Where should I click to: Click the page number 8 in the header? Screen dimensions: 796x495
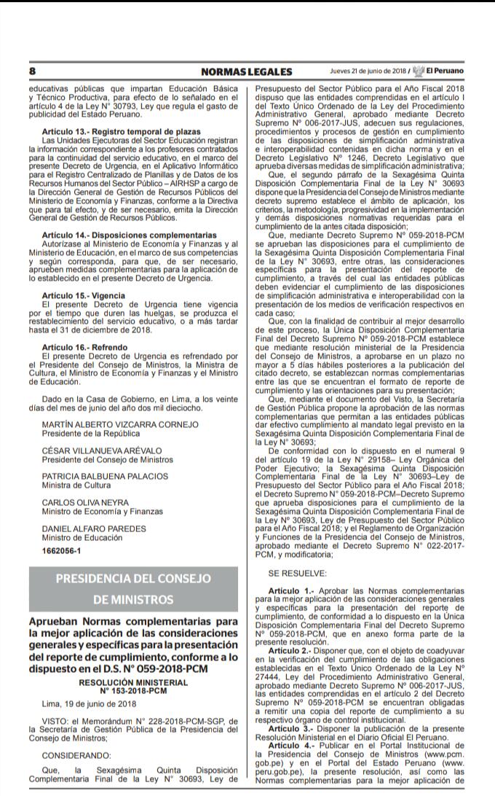(x=33, y=71)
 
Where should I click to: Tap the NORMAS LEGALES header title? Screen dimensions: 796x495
(x=246, y=71)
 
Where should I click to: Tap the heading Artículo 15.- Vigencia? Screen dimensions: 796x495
(x=84, y=295)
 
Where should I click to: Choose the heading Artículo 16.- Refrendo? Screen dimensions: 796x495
(x=84, y=346)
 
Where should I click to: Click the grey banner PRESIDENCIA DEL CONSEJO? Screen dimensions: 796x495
(x=134, y=579)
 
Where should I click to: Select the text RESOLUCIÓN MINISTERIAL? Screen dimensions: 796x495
(x=134, y=682)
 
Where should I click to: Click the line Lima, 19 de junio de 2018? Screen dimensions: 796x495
(x=80, y=703)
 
